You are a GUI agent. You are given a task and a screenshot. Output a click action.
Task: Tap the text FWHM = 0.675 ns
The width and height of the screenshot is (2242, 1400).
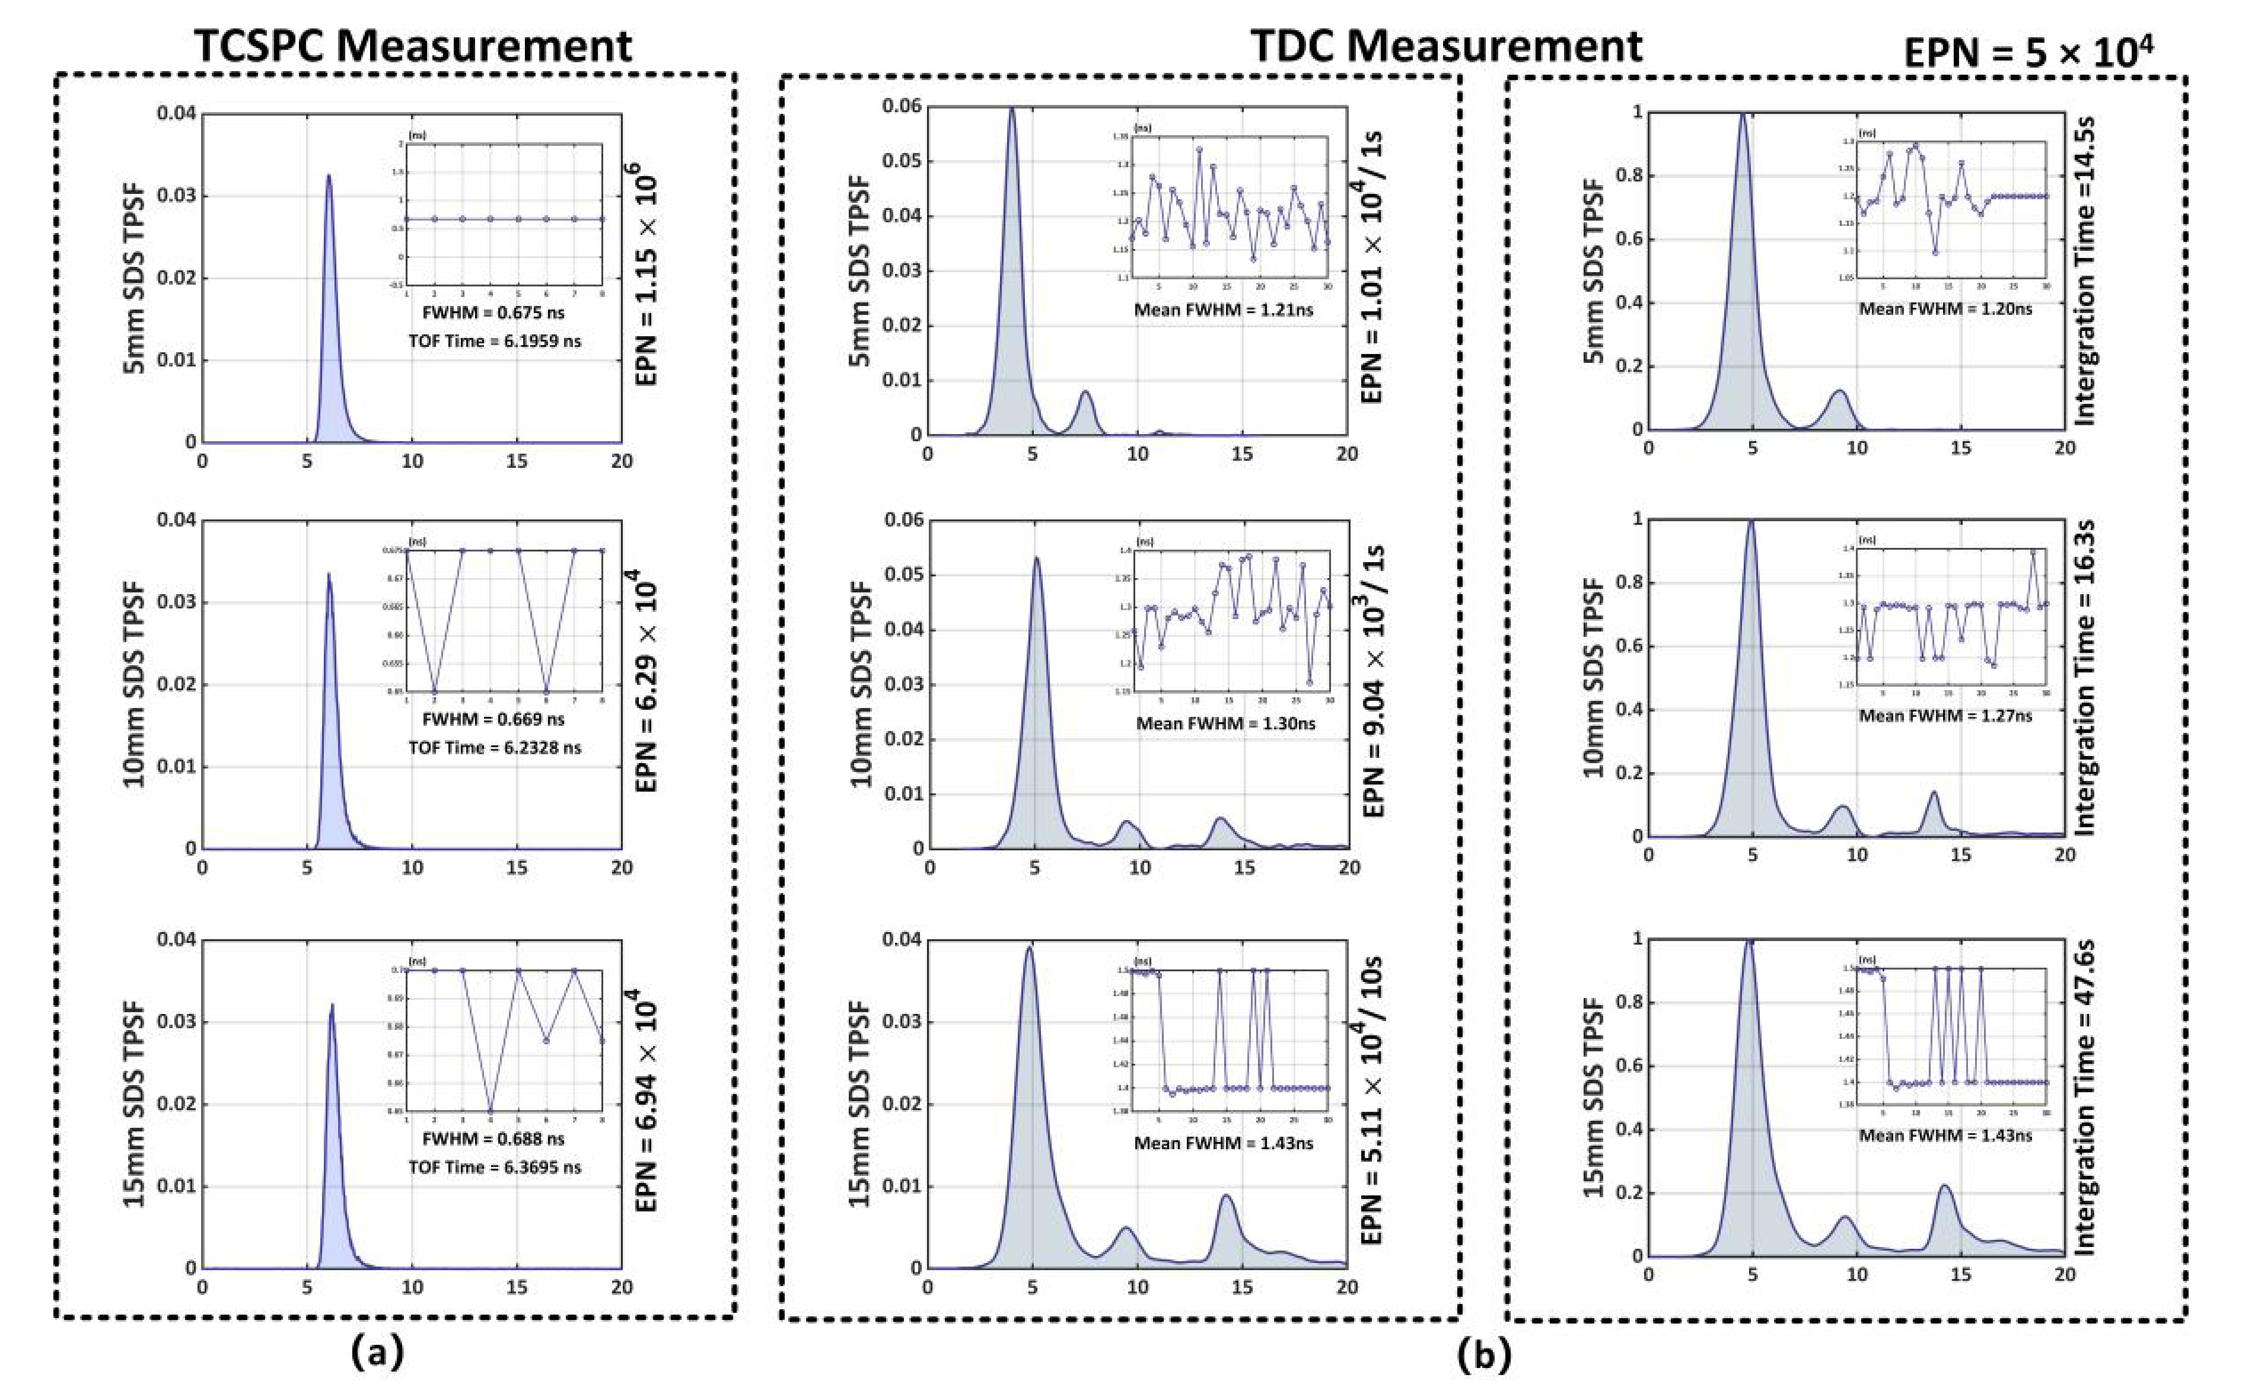493,313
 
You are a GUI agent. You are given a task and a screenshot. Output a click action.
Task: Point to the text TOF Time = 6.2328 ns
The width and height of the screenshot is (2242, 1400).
495,747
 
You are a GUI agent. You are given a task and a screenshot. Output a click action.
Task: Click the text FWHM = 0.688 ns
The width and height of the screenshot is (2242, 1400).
493,1139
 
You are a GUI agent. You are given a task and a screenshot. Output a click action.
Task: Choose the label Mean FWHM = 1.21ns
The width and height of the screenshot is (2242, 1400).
1224,310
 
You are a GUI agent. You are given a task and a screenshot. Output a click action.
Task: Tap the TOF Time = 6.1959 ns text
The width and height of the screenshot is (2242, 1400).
495,341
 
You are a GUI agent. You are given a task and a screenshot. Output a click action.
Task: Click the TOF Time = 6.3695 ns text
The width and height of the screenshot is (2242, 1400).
495,1168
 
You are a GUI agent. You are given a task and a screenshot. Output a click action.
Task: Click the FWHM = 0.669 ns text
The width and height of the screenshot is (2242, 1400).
493,719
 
